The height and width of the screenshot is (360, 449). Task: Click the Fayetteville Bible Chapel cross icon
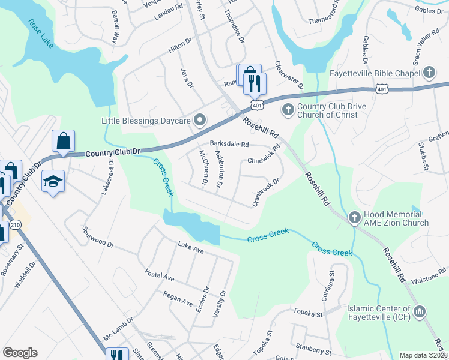(x=429, y=74)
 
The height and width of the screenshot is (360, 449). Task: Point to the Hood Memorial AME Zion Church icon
(x=354, y=217)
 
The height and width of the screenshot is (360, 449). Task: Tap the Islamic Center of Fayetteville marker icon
(x=420, y=311)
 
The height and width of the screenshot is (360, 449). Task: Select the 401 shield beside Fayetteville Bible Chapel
(x=382, y=89)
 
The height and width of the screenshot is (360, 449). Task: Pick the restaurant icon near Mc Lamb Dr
(x=118, y=355)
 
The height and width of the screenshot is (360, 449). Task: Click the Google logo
(x=20, y=353)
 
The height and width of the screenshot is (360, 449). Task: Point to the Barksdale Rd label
(x=229, y=144)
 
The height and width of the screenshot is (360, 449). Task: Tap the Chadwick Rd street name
(x=264, y=155)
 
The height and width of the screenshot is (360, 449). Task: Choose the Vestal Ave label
(x=159, y=275)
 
